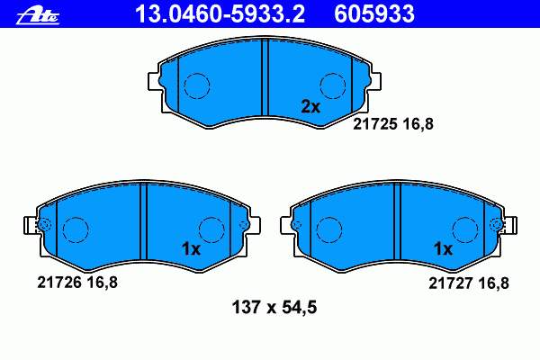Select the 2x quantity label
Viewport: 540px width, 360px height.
coord(310,106)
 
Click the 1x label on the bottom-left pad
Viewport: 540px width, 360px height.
coord(190,248)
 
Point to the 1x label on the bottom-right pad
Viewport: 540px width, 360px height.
coord(443,248)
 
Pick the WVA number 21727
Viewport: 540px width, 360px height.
coord(447,283)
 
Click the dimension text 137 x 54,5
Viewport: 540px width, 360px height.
coord(269,308)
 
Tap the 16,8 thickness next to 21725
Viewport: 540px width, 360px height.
coord(418,125)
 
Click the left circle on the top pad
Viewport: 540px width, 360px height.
coord(197,85)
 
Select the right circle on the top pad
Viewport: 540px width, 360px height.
coord(334,85)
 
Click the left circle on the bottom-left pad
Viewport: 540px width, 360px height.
coord(76,229)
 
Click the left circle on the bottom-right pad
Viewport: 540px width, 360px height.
coord(328,229)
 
